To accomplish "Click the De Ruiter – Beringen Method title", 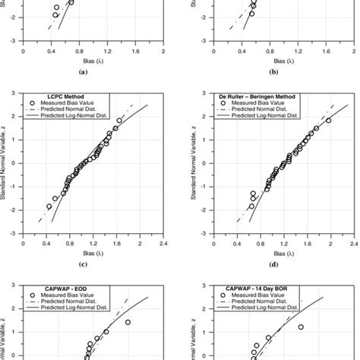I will pos(244,95).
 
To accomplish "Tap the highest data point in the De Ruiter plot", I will pos(329,120).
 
